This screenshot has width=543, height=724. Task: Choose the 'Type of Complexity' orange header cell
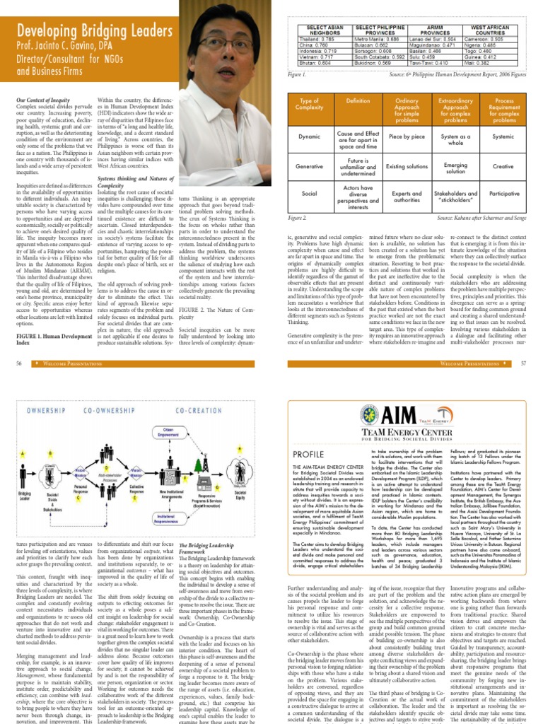tap(308, 110)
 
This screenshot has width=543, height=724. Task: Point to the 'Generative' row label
tap(308, 167)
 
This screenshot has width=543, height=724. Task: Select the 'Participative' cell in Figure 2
tap(503, 192)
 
